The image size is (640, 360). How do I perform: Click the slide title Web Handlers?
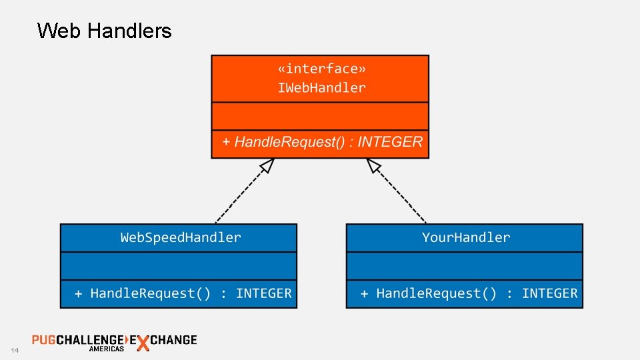point(105,31)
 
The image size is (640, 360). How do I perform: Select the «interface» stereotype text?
point(321,69)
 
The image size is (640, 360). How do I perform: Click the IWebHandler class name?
point(321,88)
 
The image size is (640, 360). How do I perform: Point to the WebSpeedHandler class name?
point(181,237)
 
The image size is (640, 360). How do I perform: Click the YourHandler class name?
point(465,237)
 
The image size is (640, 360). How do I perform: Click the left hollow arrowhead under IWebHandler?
point(267,165)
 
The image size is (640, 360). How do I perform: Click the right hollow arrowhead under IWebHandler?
point(374,165)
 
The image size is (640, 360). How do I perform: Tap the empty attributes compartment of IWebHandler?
point(320,116)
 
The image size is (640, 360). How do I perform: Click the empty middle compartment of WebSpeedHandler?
point(178,266)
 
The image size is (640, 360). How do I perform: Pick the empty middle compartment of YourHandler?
point(464,266)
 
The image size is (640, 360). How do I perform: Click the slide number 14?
point(15,351)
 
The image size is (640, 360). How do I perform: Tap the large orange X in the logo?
point(142,343)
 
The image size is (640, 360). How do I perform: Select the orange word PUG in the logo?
point(44,339)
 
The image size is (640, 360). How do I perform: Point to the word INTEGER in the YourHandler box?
point(549,293)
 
